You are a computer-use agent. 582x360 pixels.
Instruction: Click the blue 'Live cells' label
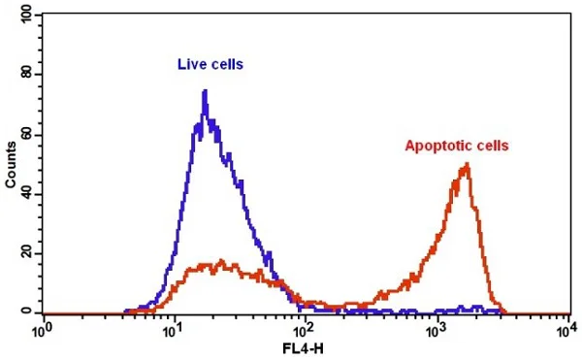click(210, 65)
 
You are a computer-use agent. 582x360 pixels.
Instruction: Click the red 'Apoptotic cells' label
click(456, 147)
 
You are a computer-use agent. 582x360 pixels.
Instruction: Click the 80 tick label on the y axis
click(28, 75)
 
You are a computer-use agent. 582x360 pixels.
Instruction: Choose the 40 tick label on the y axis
click(28, 194)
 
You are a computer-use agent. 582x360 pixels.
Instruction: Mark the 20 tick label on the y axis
click(28, 253)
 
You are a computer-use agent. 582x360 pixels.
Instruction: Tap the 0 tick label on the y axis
click(31, 312)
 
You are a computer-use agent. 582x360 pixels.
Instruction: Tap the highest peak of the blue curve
click(205, 91)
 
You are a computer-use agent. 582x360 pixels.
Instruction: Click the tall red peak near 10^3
click(468, 165)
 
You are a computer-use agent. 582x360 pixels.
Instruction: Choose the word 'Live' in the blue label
click(190, 65)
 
